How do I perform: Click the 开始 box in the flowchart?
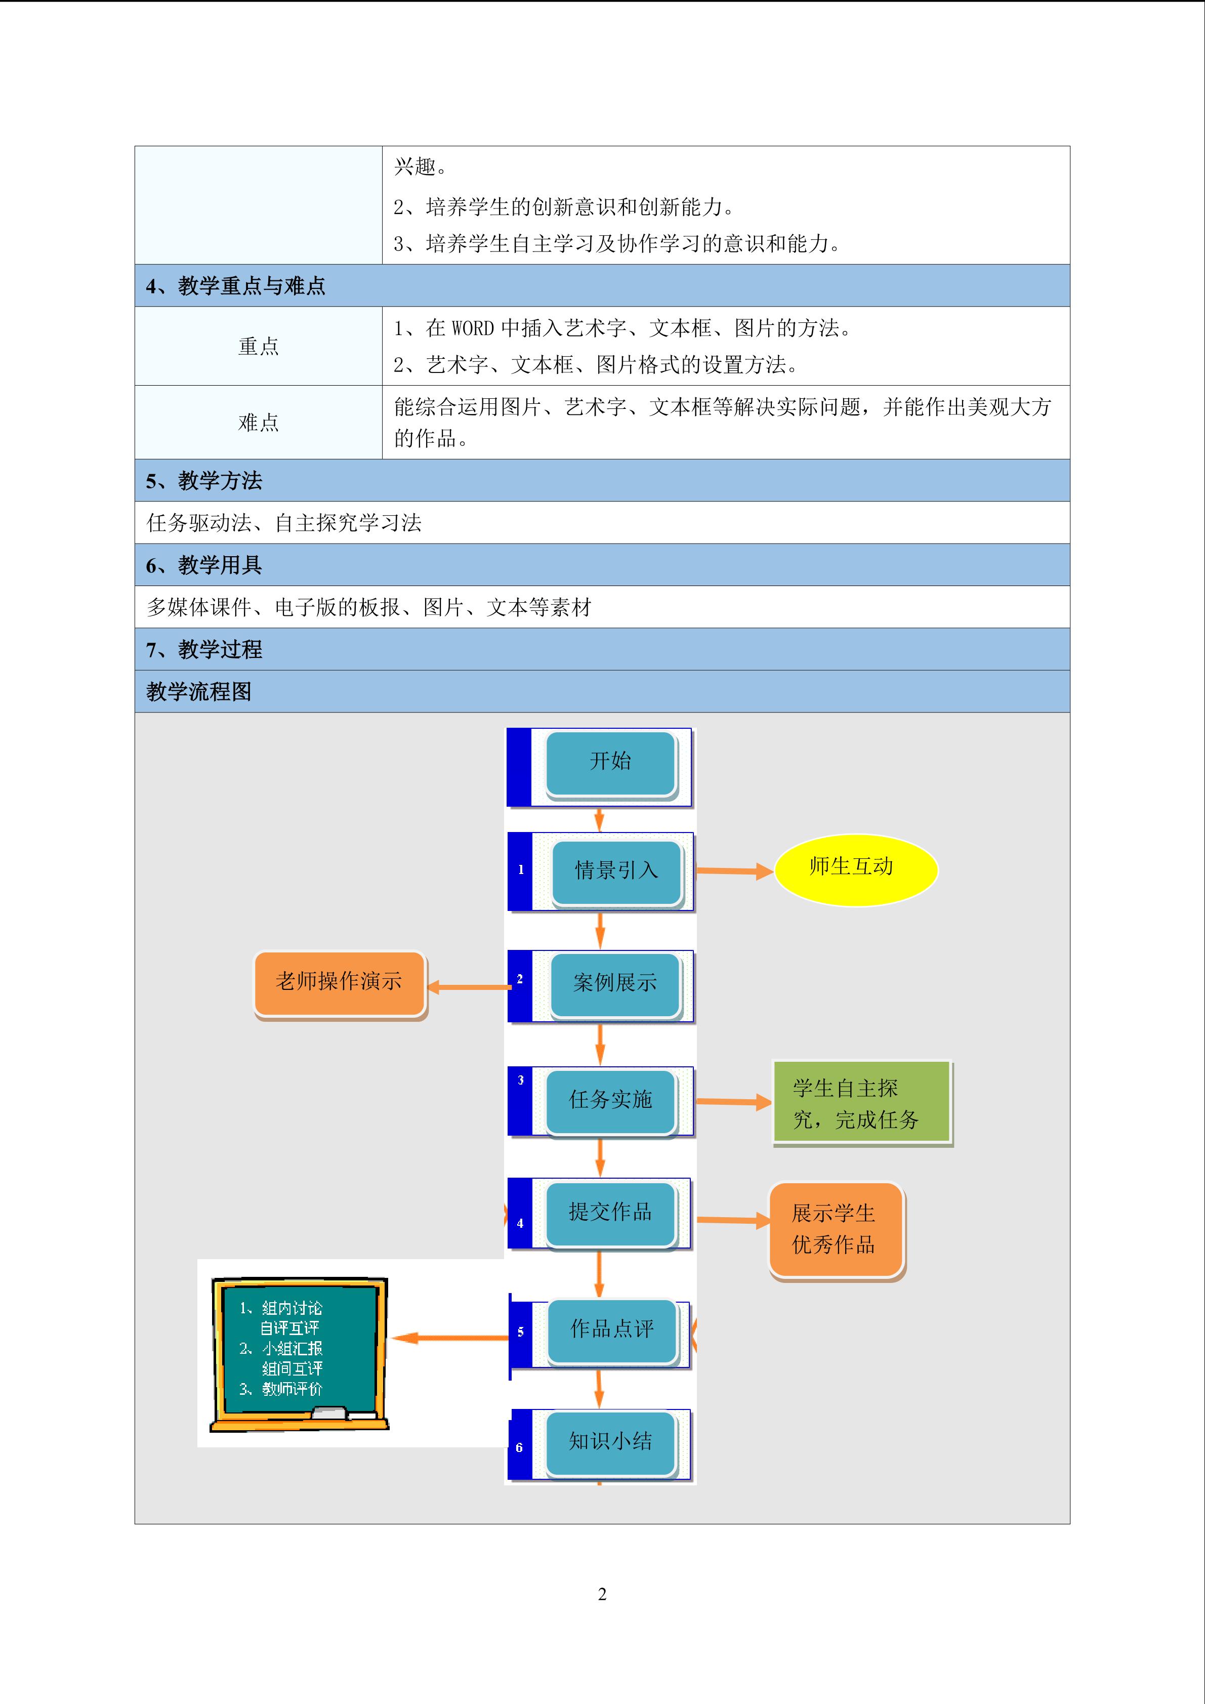coord(611,764)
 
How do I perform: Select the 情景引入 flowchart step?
coord(616,872)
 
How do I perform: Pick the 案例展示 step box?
coord(615,985)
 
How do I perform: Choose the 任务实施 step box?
coord(611,1101)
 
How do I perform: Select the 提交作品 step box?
coord(611,1214)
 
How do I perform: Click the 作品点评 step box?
coord(612,1332)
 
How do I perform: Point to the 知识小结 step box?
coord(611,1443)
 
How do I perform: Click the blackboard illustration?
coord(299,1354)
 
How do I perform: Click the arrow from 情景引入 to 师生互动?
coord(734,871)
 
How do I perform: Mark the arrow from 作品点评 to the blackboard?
coord(450,1338)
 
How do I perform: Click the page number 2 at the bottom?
coord(602,1594)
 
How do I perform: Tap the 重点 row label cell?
coord(258,346)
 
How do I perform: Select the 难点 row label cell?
coord(258,422)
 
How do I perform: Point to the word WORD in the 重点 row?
coord(473,328)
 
